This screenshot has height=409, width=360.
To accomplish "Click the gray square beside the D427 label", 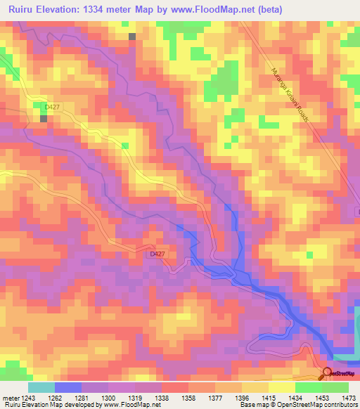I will [44, 118].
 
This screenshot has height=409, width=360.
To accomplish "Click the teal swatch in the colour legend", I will [41, 387].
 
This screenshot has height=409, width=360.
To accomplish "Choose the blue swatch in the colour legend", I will [67, 387].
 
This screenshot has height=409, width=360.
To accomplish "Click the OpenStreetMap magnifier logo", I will [327, 374].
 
